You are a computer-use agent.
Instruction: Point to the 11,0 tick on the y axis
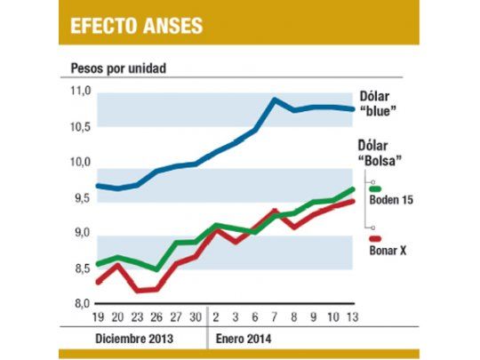point(81,92)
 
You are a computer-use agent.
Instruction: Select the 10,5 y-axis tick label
point(81,127)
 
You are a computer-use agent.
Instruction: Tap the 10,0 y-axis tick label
point(81,163)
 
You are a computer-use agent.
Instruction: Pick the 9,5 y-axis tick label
point(81,198)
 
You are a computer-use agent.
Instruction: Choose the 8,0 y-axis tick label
point(81,304)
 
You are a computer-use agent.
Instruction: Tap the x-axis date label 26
point(156,317)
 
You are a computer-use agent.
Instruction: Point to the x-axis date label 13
point(353,317)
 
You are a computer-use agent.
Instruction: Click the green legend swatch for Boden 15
point(375,188)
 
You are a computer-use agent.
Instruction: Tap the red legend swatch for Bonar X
point(375,238)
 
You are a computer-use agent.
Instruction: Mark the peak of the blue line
point(274,100)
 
